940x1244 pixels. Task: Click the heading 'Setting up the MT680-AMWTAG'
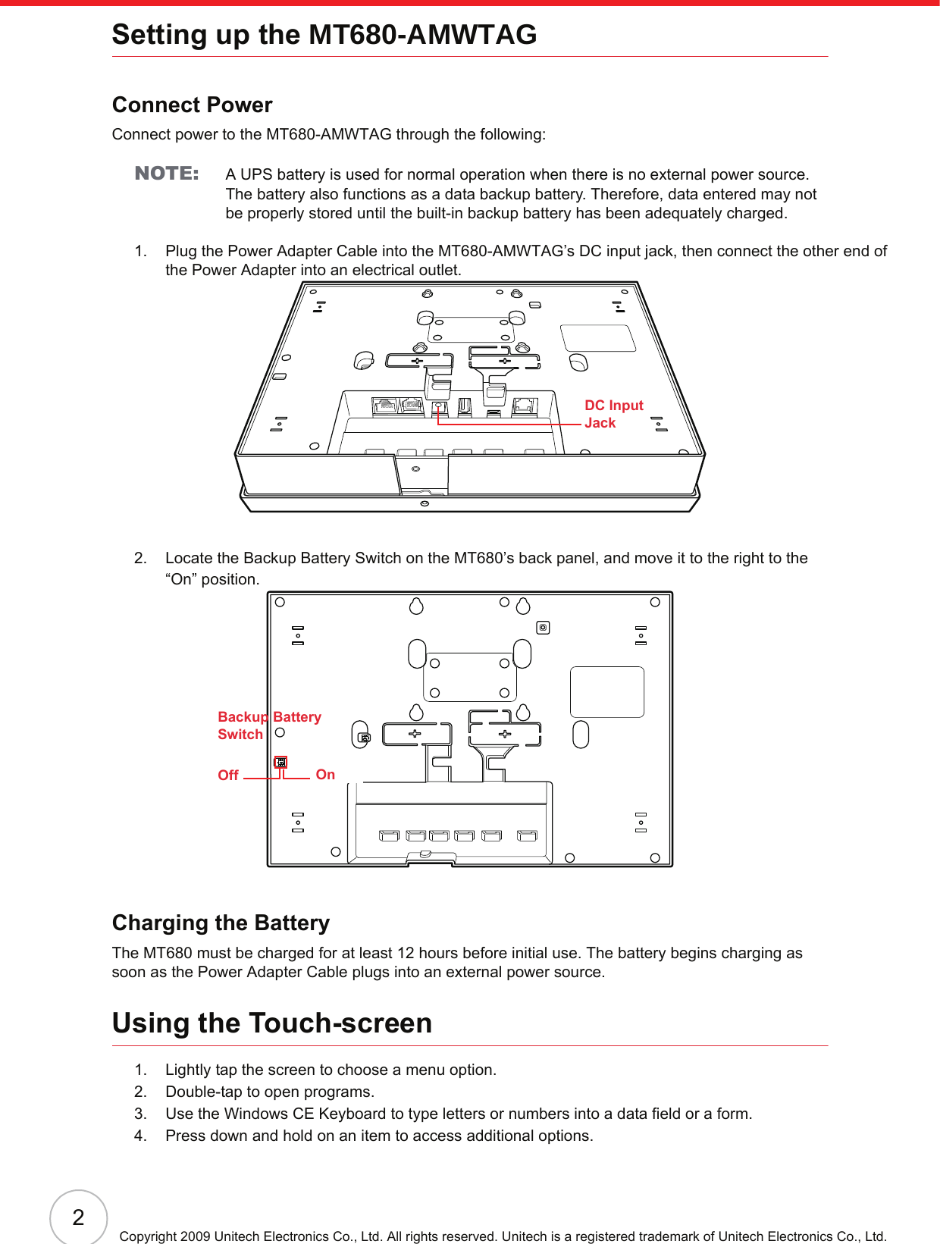[x=324, y=35]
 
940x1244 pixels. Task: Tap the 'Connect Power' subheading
[x=192, y=105]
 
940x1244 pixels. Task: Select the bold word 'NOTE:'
[x=167, y=174]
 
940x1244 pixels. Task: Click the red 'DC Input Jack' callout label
[x=613, y=414]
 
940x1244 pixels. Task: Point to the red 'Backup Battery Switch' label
[x=268, y=725]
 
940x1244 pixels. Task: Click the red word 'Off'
[x=227, y=775]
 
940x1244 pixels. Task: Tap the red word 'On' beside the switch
[x=325, y=774]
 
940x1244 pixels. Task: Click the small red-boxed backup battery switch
[x=280, y=762]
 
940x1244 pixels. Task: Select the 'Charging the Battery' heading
[x=221, y=923]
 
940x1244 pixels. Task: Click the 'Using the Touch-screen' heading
[x=271, y=1023]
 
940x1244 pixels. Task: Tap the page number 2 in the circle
[x=78, y=1217]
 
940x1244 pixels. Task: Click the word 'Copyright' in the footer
[x=149, y=1236]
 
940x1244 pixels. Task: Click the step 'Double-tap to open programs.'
[x=270, y=1092]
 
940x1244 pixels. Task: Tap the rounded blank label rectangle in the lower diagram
[x=606, y=692]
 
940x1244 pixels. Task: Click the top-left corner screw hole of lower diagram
[x=280, y=603]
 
